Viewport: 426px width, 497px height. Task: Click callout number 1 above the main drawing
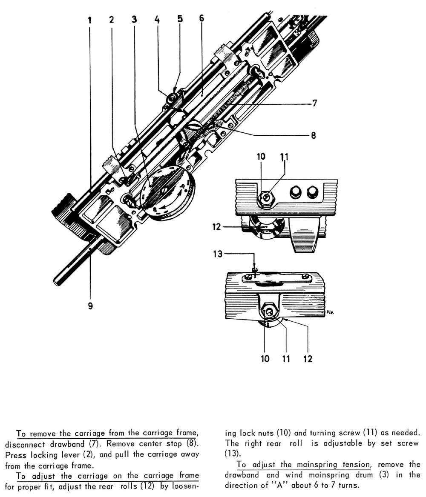click(89, 20)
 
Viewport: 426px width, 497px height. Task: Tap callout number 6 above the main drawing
click(201, 18)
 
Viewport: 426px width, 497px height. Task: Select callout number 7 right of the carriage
click(314, 103)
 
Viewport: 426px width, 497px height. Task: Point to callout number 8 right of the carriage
click(313, 135)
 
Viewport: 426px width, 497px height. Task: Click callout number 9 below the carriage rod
click(90, 306)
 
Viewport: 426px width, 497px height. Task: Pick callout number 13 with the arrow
click(218, 254)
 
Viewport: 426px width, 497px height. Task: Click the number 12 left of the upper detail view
click(216, 227)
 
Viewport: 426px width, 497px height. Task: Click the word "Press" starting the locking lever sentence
click(16, 455)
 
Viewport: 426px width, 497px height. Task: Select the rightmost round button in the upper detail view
click(312, 192)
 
